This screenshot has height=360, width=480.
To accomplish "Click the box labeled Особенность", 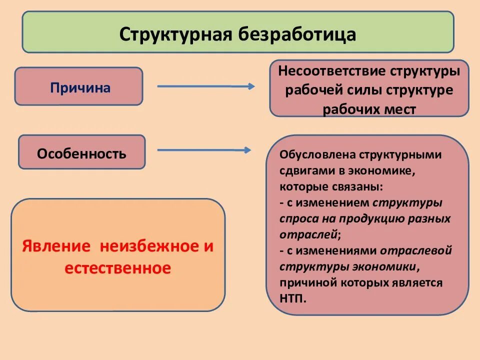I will coord(81,153).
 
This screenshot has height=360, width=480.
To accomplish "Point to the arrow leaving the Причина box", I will coord(205,86).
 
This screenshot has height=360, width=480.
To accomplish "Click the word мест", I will coord(400,109).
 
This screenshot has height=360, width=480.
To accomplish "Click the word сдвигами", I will coord(306,171).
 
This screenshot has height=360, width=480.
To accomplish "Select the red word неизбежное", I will coord(148,247).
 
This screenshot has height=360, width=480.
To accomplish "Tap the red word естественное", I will coord(118,268).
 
